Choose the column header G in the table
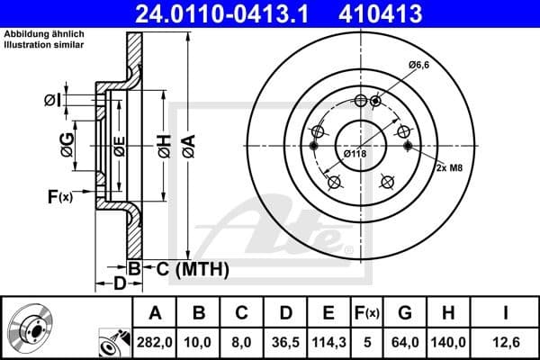pyautogui.click(x=405, y=313)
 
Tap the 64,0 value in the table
pyautogui.click(x=405, y=340)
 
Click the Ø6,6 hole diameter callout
pyautogui.click(x=418, y=65)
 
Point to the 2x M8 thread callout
pyautogui.click(x=450, y=168)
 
